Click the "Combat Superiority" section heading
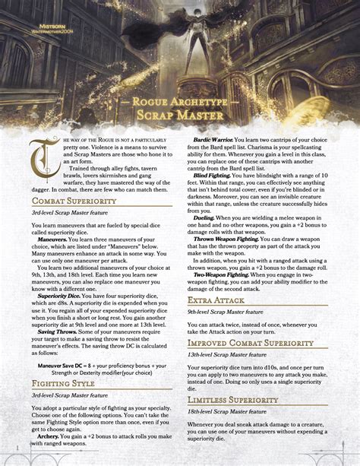74,201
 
